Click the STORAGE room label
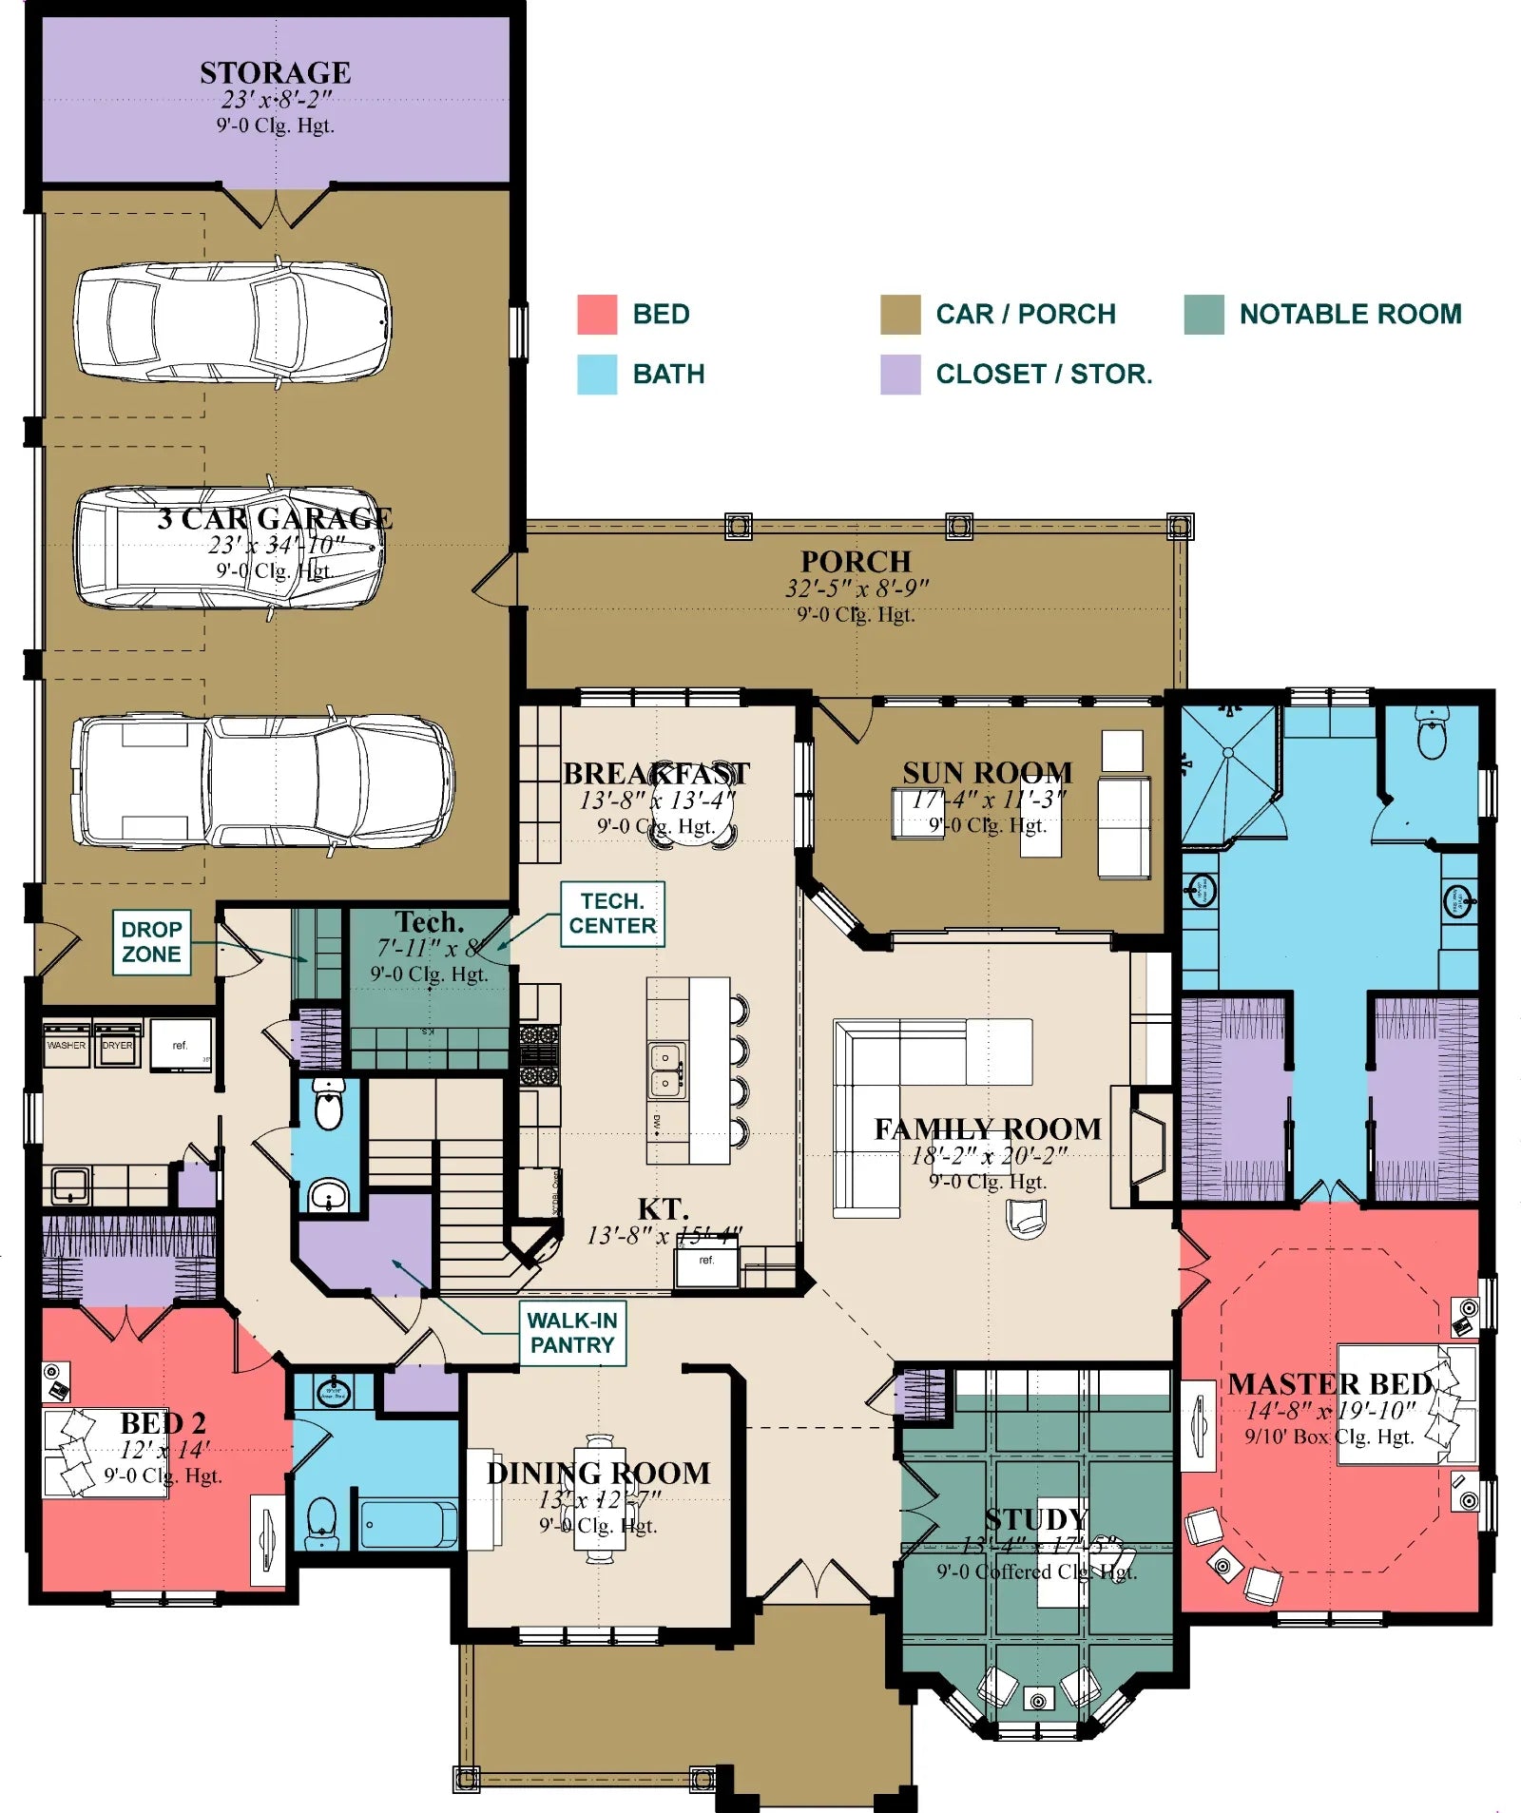[x=275, y=72]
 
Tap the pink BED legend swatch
[x=597, y=314]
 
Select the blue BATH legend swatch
[x=597, y=374]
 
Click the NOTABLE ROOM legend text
[x=1350, y=314]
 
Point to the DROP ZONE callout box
[x=151, y=942]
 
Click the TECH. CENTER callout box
[x=612, y=914]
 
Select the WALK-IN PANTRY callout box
[x=572, y=1333]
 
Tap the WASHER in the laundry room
[x=67, y=1045]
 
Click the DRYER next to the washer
[x=118, y=1045]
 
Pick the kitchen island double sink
[x=666, y=1070]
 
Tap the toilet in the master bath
[x=1432, y=737]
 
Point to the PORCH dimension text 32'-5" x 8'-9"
[x=857, y=588]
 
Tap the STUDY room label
[x=1036, y=1519]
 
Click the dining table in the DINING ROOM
[x=600, y=1499]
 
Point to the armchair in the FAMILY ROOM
[x=1027, y=1218]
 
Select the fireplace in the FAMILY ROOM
[x=1148, y=1148]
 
